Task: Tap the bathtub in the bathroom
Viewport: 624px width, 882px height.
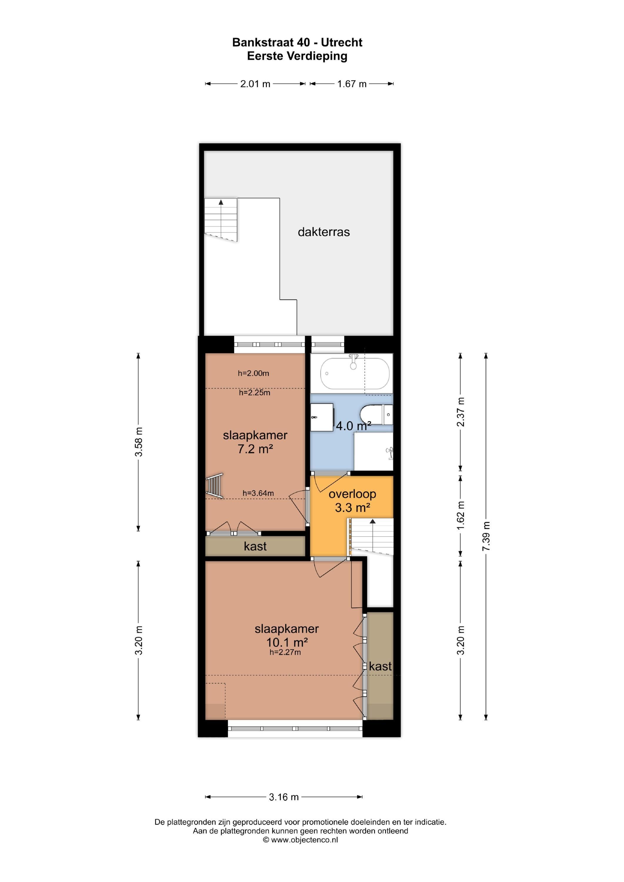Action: [x=355, y=373]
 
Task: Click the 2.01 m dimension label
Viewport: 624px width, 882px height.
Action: [x=255, y=84]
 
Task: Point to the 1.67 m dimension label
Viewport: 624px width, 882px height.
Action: [x=352, y=84]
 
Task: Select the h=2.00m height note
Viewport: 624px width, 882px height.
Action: [x=253, y=373]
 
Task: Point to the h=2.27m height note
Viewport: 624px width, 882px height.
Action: [x=285, y=652]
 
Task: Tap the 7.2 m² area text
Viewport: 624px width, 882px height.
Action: [x=255, y=449]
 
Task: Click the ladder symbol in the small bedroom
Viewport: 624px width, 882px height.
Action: [x=214, y=486]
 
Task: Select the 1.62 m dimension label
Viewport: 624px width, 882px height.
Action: [x=461, y=515]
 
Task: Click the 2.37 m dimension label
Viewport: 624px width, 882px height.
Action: [x=461, y=412]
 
